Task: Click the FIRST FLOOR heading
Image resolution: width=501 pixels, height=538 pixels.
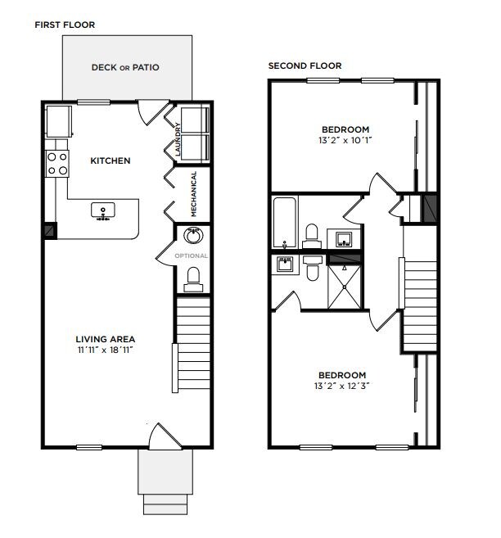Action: tap(64, 25)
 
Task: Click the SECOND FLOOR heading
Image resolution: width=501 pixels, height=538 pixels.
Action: tap(305, 66)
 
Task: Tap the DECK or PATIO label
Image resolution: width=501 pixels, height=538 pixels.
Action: tap(125, 68)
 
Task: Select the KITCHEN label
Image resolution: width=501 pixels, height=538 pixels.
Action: tap(110, 160)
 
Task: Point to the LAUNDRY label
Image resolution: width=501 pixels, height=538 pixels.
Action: tap(177, 138)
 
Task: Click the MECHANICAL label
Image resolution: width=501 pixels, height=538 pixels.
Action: tap(194, 193)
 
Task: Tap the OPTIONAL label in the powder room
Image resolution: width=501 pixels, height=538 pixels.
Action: tap(191, 255)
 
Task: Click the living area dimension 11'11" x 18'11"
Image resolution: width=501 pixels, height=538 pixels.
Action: tap(105, 350)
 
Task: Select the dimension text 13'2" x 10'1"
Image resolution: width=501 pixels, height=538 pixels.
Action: tap(345, 140)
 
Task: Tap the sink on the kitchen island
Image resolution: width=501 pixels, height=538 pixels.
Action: tap(103, 211)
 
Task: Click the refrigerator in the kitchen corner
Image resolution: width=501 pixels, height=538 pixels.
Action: tap(59, 122)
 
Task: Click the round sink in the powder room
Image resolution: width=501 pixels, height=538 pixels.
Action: tap(192, 236)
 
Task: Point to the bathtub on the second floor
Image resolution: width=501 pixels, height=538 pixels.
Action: tap(286, 222)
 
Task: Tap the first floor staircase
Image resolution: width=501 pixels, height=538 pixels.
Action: tap(192, 344)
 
